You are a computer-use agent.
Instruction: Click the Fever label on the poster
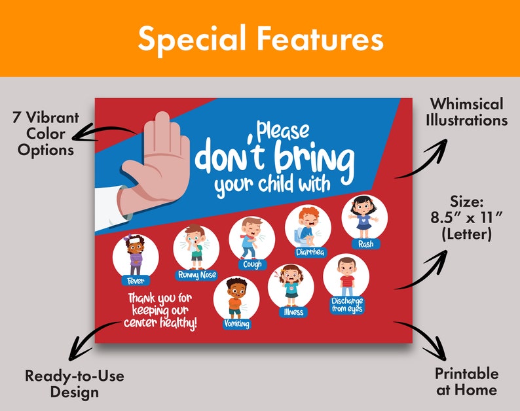(x=136, y=280)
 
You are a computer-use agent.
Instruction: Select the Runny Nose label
(x=196, y=275)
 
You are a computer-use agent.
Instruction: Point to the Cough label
(x=252, y=264)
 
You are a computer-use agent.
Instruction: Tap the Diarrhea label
(x=308, y=252)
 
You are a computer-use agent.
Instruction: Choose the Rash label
(x=365, y=244)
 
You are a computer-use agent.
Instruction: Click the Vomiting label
(x=236, y=323)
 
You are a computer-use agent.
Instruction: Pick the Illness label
(x=293, y=312)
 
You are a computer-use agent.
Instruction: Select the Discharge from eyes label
(x=346, y=305)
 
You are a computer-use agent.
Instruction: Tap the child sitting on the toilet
(x=307, y=226)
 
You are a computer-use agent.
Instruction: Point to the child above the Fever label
(x=136, y=255)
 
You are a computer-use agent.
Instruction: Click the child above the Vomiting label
(x=236, y=298)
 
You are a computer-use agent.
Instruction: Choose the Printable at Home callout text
(x=466, y=382)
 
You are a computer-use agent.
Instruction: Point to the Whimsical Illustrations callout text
(x=468, y=112)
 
